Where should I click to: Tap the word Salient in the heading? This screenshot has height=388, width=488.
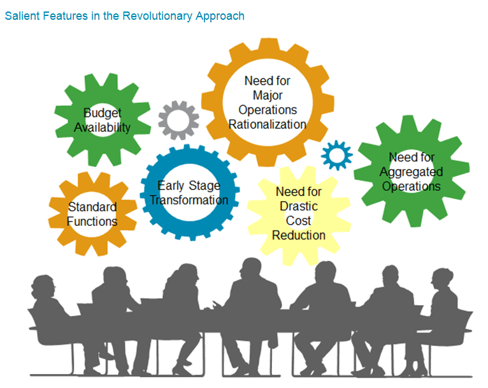coord(21,16)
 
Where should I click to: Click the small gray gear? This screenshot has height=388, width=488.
coord(178,120)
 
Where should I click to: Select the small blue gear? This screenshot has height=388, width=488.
coord(336,155)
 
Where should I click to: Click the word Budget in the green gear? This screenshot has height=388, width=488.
coord(102,114)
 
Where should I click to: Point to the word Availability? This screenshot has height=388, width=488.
coord(102,128)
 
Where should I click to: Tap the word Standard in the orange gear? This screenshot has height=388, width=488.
coord(92,207)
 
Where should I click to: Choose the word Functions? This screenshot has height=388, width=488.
coord(92,221)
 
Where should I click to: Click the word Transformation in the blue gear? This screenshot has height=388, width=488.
coord(189,200)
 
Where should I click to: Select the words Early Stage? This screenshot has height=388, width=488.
coord(189,186)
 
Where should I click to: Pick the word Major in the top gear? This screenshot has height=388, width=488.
coord(268,95)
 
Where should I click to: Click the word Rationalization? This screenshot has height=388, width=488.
coord(268,124)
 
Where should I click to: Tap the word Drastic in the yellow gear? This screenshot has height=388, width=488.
coord(298,206)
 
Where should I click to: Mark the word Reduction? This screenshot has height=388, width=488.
coord(298,235)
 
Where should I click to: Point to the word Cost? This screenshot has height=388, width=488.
coord(298,221)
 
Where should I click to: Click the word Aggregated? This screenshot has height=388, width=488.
coord(411,172)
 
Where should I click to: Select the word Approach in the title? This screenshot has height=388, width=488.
coord(217,16)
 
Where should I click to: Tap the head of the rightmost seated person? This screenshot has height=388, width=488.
coord(441,280)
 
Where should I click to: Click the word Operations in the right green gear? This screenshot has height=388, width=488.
coord(411,186)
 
